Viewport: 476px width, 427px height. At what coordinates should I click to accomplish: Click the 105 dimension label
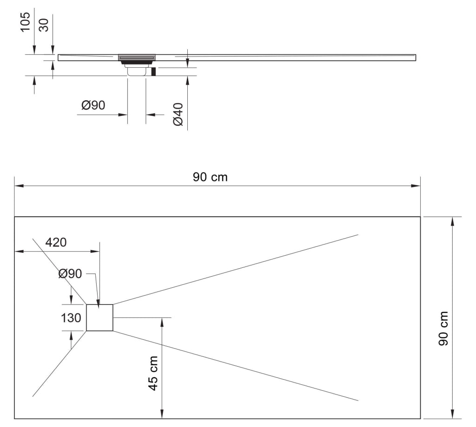[x=25, y=22]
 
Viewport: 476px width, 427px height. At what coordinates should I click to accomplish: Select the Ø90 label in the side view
[x=93, y=106]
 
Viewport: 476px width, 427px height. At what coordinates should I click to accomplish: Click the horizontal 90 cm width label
[x=210, y=177]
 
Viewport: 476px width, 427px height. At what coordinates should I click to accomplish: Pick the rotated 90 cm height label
[x=443, y=328]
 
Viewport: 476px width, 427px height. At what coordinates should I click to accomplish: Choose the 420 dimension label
[x=56, y=242]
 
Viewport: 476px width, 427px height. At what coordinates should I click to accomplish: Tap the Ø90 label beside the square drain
[x=70, y=274]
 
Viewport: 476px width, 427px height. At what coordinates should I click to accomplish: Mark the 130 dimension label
[x=71, y=318]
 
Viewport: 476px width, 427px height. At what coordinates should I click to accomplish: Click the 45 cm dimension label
[x=152, y=373]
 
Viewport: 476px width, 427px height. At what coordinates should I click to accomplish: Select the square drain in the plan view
[x=100, y=317]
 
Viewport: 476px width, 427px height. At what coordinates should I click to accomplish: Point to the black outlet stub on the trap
[x=153, y=72]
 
